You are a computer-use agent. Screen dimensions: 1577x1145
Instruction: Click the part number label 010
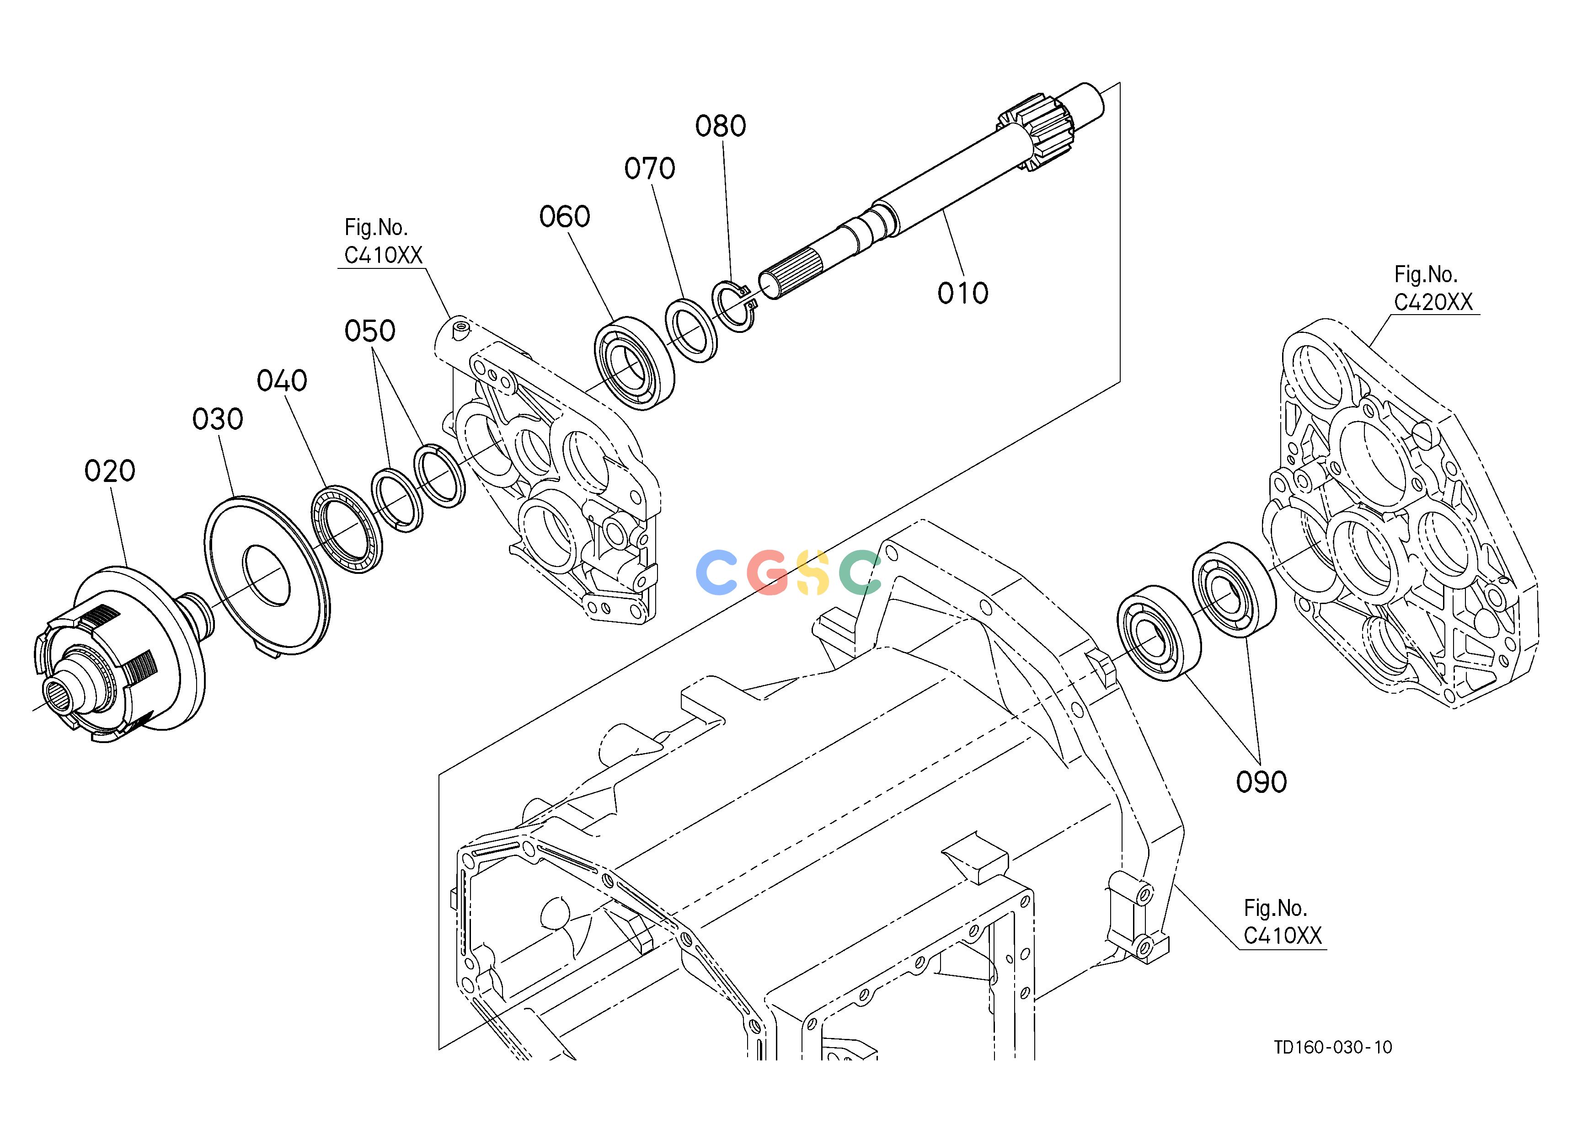962,294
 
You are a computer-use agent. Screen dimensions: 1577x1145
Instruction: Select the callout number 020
109,471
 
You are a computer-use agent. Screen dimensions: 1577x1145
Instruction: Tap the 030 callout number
218,419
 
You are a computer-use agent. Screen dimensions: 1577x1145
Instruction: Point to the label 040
282,380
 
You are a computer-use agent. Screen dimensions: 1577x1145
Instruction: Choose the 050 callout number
370,331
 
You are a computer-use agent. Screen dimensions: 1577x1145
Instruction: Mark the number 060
565,217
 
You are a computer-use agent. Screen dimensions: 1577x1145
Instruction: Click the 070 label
649,168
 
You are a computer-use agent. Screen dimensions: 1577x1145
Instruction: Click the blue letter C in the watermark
717,572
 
